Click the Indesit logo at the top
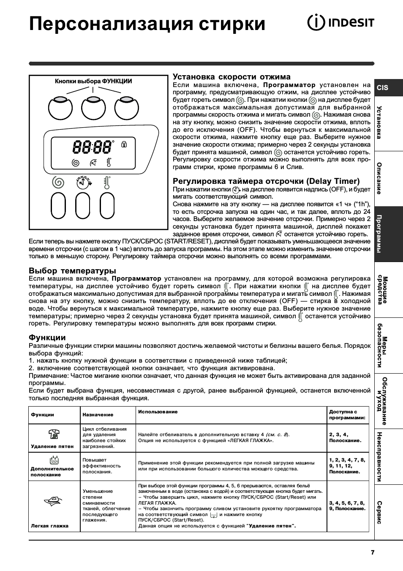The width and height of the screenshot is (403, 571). [340, 22]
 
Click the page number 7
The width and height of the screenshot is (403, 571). [372, 552]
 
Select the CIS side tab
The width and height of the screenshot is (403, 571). [383, 87]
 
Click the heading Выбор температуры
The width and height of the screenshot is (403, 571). [72, 270]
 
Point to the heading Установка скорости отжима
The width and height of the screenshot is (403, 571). [231, 76]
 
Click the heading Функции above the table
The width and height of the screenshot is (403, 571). [47, 337]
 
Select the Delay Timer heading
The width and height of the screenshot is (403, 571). [266, 181]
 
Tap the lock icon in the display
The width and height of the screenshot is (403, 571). [124, 145]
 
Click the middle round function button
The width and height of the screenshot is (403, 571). [93, 109]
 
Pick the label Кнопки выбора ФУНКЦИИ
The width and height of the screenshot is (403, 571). [93, 81]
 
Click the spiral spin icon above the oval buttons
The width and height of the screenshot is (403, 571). [59, 183]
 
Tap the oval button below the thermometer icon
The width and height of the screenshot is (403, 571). [107, 206]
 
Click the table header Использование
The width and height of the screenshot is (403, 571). [158, 411]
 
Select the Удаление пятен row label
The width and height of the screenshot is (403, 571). [52, 446]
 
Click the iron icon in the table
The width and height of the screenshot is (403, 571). [53, 501]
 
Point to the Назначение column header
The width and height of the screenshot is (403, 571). [98, 415]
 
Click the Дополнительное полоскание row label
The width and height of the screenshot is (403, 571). [52, 471]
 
